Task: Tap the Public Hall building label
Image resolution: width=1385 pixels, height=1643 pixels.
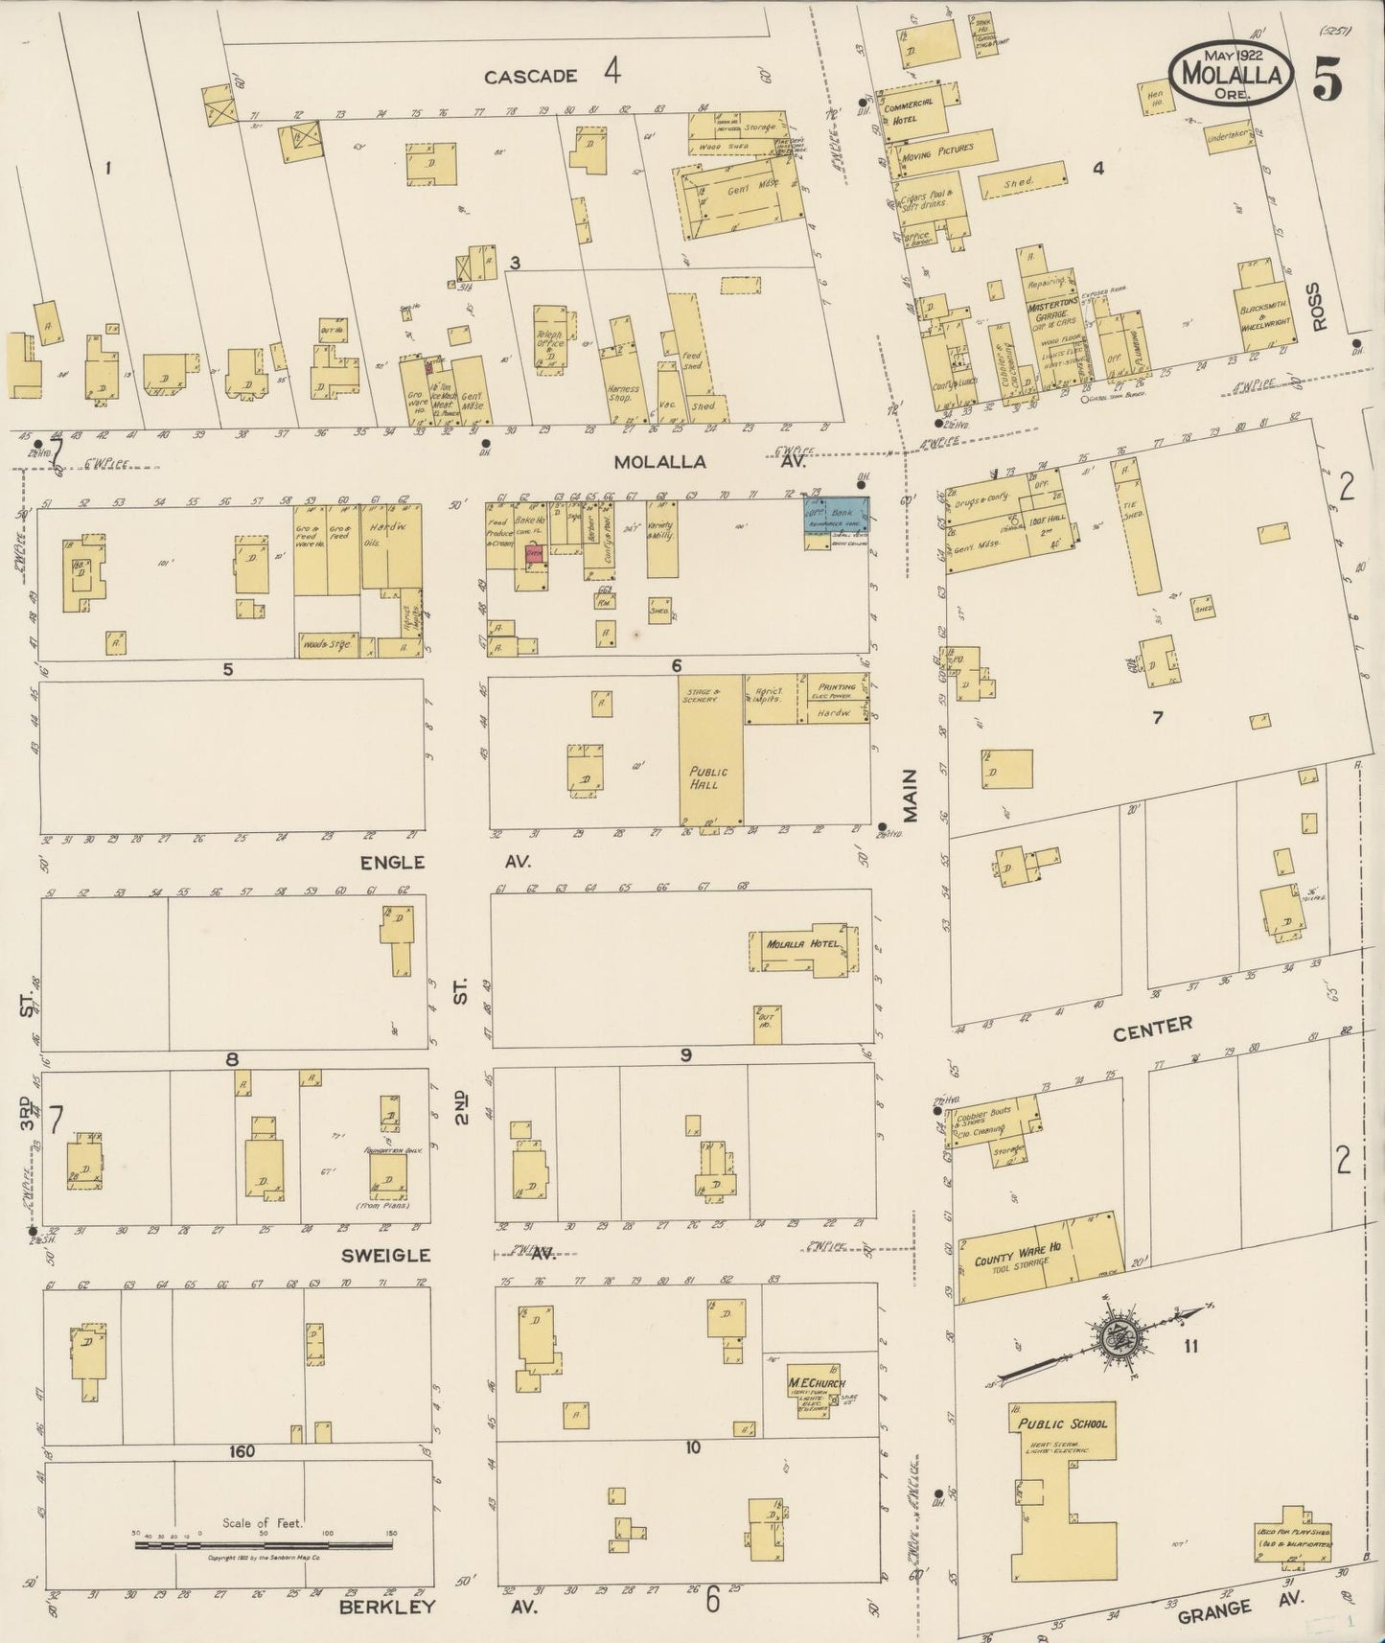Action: click(x=707, y=777)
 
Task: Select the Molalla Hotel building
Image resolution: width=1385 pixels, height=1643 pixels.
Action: click(x=803, y=945)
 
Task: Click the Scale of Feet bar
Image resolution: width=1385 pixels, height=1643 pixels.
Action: click(x=265, y=1545)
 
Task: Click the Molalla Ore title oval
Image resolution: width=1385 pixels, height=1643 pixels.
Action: click(x=1231, y=71)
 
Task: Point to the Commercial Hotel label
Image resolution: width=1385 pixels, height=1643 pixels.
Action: click(x=914, y=111)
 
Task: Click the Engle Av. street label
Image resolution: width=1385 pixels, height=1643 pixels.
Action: click(x=392, y=862)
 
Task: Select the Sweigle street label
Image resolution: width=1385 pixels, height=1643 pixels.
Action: click(x=396, y=1255)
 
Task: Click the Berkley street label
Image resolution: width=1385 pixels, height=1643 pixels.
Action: click(x=387, y=1607)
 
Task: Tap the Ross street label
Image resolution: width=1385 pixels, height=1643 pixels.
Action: click(x=1322, y=306)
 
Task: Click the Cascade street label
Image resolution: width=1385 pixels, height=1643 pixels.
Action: click(x=530, y=76)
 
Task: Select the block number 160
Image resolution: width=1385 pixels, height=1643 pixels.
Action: click(x=242, y=1451)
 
